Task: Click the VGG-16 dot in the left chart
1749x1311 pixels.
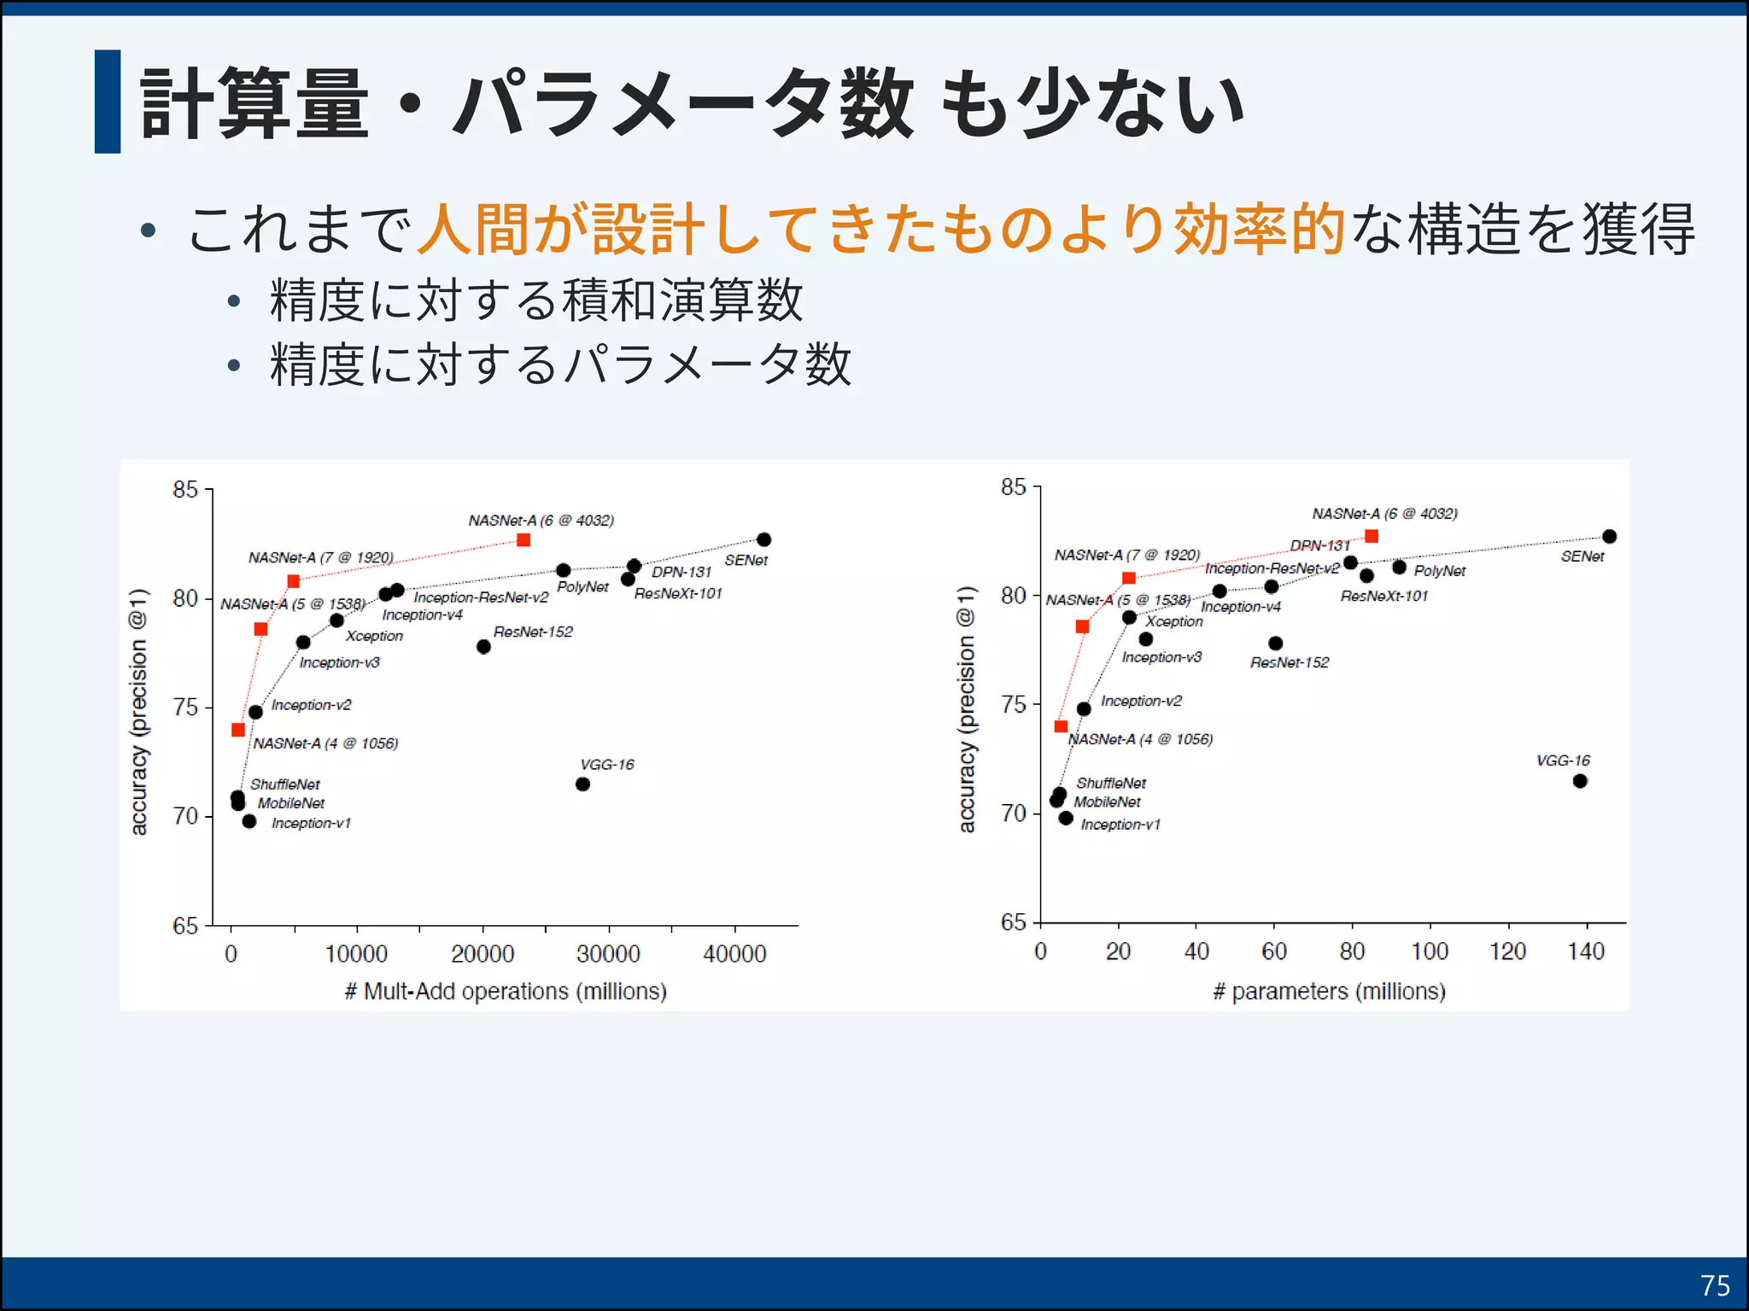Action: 582,784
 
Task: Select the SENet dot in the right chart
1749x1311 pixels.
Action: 1609,536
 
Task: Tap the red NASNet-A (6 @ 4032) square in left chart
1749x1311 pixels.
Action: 524,539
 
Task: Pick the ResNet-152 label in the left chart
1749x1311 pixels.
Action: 533,632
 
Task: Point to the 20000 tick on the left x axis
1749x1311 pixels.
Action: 483,953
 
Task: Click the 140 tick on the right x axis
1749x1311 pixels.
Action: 1586,951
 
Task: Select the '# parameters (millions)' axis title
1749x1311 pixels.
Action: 1329,991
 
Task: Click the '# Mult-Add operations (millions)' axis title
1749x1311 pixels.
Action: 506,991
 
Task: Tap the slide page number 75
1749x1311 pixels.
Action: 1714,1285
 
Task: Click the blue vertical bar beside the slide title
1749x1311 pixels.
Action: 108,102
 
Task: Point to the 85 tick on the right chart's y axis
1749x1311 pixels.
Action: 1014,487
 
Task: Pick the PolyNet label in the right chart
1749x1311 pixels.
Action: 1439,570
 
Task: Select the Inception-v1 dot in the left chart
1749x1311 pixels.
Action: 249,821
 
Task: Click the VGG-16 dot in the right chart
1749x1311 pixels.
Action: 1580,781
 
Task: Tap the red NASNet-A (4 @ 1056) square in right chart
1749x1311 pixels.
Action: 1061,726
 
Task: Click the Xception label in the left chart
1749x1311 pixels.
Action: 374,636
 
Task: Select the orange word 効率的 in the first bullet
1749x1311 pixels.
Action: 1261,229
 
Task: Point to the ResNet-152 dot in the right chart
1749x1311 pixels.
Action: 1275,643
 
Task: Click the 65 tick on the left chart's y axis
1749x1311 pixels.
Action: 185,925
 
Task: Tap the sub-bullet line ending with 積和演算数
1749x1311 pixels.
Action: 536,300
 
